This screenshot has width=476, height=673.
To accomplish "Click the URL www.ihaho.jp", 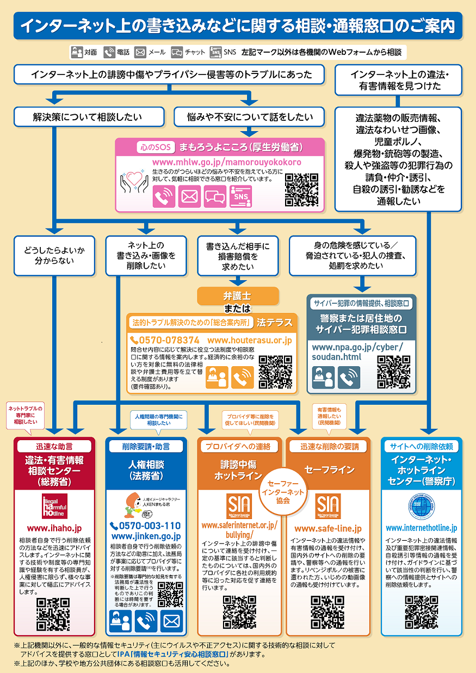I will click(54, 528).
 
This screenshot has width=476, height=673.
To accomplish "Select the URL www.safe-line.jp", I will click(327, 528).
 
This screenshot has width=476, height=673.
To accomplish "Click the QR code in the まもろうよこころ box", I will click(301, 190).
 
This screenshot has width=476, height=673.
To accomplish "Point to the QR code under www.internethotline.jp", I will click(421, 612).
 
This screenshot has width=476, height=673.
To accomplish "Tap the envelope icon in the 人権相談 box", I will click(171, 621).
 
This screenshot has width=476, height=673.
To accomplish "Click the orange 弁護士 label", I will click(237, 296).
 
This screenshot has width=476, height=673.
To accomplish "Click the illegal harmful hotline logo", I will click(54, 506).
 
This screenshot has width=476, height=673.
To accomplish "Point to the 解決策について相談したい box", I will click(88, 116).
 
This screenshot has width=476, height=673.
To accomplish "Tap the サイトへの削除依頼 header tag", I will click(422, 446).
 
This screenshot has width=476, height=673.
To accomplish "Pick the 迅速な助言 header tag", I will click(54, 446).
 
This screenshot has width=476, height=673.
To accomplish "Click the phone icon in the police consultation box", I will click(349, 377).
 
